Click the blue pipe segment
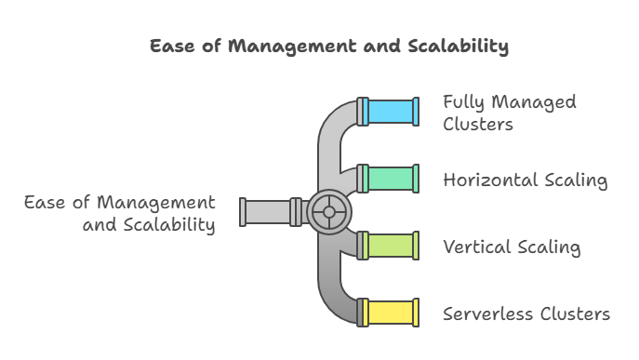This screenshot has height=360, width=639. coord(391,112)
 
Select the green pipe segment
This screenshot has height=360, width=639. coord(391,179)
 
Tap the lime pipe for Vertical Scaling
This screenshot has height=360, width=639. coord(391,246)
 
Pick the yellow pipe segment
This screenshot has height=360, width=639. coord(391,313)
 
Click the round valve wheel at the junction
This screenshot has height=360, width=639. coord(328,212)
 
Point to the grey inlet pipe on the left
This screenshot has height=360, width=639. coord(268,212)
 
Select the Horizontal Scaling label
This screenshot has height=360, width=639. coord(526,180)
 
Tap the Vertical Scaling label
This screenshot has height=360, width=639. coord(512,247)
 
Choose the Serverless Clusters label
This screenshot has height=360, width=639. coord(526,313)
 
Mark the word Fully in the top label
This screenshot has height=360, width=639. coord(463,101)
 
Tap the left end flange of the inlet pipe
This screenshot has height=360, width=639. coord(243,212)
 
